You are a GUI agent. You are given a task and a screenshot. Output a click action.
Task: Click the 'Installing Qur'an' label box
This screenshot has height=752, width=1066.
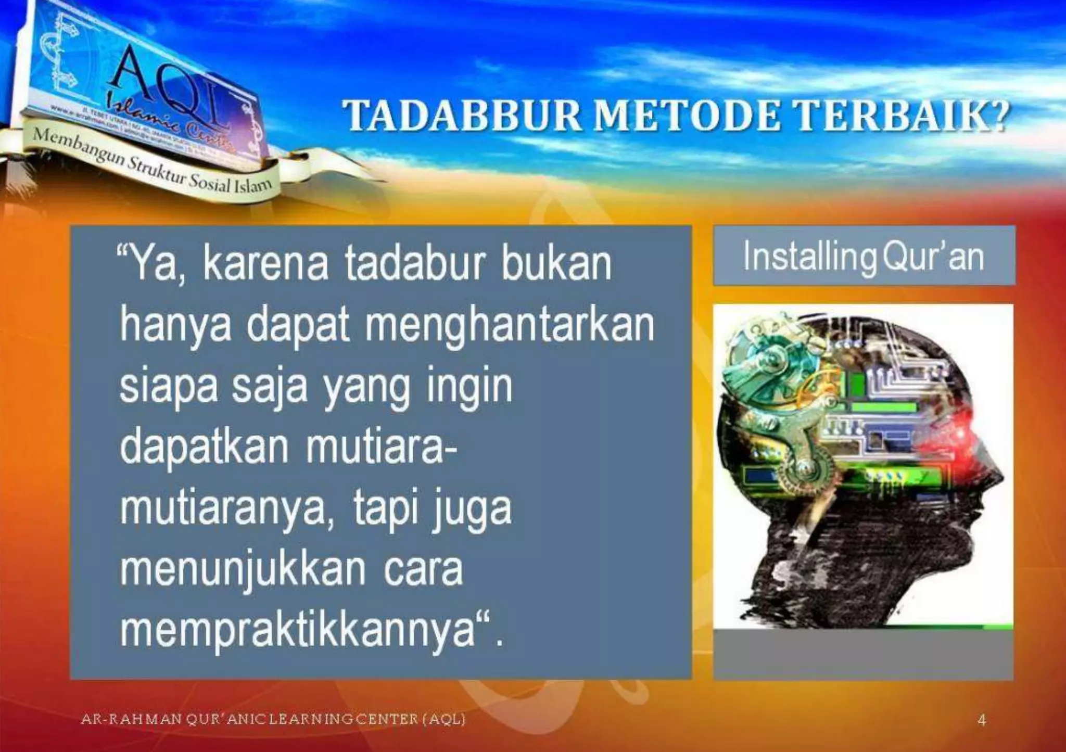pos(864,256)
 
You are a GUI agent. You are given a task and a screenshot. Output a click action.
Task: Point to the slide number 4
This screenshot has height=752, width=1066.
pos(982,720)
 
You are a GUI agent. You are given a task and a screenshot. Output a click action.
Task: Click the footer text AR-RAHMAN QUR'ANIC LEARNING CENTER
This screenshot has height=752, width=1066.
pos(273,720)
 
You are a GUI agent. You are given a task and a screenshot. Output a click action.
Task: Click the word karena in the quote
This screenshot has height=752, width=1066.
pos(265,264)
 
